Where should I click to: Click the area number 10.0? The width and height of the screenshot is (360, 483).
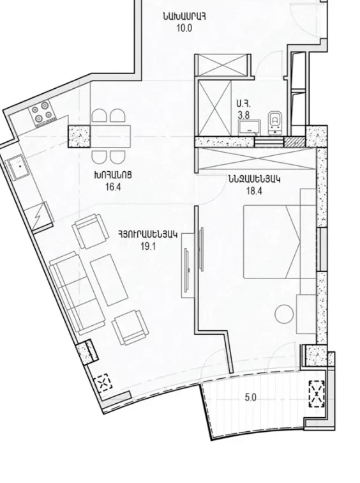(x=184, y=28)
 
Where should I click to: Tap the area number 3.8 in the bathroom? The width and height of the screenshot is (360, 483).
(x=243, y=115)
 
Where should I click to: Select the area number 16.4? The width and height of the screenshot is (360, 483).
(x=113, y=187)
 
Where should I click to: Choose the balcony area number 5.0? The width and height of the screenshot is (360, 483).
(x=250, y=397)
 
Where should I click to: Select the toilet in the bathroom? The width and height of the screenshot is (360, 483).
(x=275, y=122)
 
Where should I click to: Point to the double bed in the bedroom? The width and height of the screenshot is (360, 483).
(x=272, y=241)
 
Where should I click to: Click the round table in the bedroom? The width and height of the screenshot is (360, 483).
(x=283, y=314)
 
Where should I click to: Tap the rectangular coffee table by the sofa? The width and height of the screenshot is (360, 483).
(x=110, y=281)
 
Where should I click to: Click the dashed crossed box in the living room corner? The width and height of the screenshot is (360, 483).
(x=104, y=383)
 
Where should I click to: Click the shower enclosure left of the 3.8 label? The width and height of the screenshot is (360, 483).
(x=214, y=107)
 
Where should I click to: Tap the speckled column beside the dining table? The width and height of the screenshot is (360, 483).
(x=79, y=137)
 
